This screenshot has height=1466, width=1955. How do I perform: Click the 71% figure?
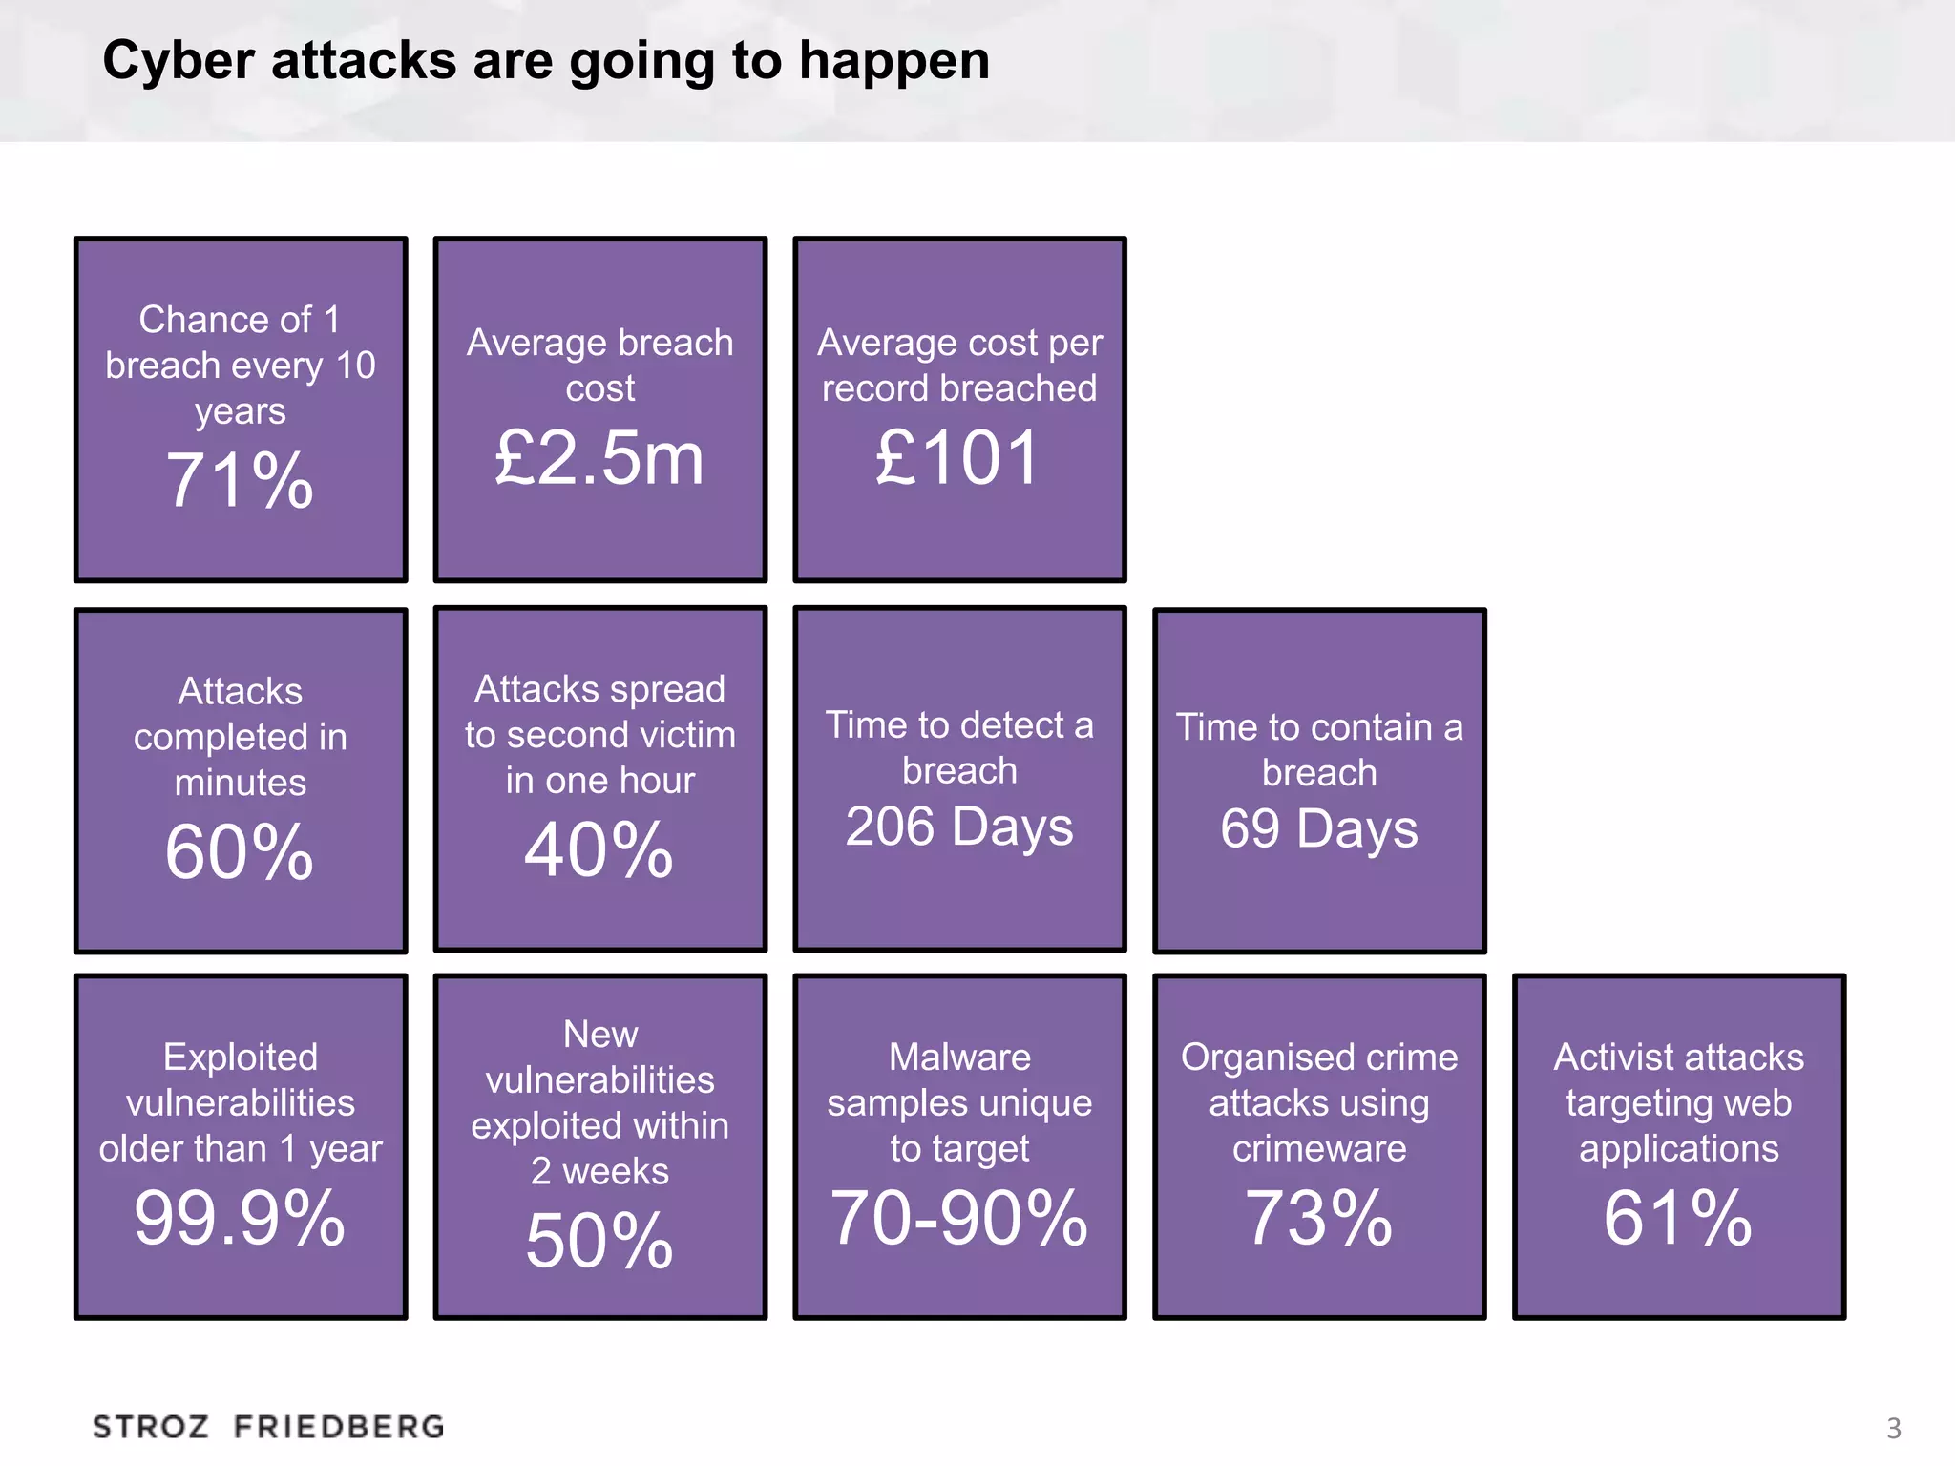tap(240, 480)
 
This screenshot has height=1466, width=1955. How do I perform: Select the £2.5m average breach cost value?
tap(599, 458)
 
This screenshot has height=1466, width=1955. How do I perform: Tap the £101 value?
tap(958, 458)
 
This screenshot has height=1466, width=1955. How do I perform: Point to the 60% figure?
tap(240, 851)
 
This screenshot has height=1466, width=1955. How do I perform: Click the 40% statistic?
tap(599, 849)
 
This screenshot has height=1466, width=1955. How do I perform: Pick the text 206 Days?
tap(959, 827)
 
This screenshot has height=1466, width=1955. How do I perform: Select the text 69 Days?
tap(1319, 828)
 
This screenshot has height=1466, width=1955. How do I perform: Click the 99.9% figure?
tap(240, 1218)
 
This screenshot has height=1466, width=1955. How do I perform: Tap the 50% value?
tap(599, 1241)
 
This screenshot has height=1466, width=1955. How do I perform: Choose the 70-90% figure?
tap(959, 1218)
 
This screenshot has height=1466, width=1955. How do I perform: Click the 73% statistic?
tap(1319, 1218)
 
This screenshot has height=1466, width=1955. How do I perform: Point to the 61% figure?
tap(1678, 1218)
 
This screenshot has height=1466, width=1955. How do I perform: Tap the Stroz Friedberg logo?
tap(268, 1427)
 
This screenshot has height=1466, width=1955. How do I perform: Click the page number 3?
tap(1894, 1429)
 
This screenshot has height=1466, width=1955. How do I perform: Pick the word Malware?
tap(959, 1057)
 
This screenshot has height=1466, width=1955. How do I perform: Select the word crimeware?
tap(1319, 1148)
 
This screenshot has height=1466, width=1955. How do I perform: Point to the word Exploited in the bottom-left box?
tap(240, 1057)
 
